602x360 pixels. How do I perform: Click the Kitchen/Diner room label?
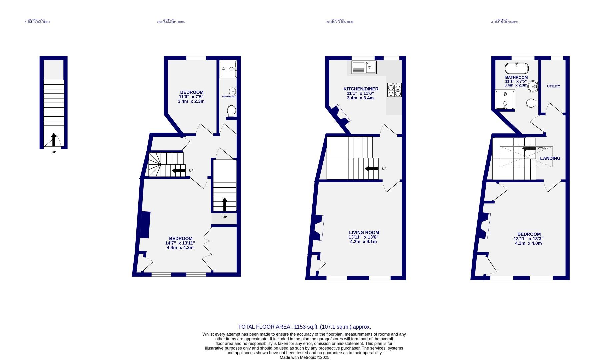click(x=361, y=89)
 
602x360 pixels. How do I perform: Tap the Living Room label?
click(x=364, y=233)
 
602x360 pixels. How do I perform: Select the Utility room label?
click(x=553, y=86)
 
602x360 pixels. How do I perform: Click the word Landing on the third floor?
click(x=550, y=158)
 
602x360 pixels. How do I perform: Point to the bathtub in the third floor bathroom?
click(x=516, y=68)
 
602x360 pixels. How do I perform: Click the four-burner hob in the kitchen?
click(x=394, y=90)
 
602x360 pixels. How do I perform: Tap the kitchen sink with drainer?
click(x=364, y=67)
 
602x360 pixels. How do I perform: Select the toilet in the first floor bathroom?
click(x=231, y=111)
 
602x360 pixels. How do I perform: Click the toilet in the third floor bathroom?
click(x=531, y=103)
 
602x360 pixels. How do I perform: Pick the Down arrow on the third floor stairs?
click(x=529, y=148)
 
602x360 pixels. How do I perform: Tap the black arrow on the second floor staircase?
click(x=371, y=169)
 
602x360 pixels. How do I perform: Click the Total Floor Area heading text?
click(x=304, y=327)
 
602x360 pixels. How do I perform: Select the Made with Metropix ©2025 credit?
click(x=304, y=357)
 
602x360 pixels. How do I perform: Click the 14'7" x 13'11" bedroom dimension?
click(x=180, y=243)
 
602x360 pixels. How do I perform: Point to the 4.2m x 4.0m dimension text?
click(x=529, y=243)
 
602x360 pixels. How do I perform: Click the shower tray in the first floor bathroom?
click(x=228, y=69)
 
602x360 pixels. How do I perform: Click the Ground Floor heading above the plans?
click(x=37, y=20)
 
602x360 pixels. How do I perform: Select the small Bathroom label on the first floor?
click(x=228, y=97)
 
